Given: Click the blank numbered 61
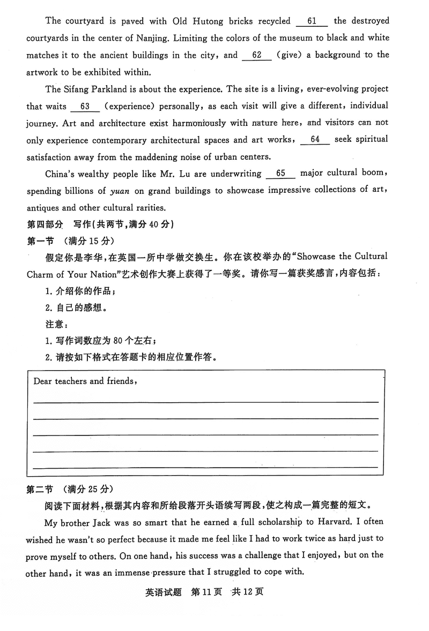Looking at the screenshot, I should click(311, 22).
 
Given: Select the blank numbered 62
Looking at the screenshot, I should click(257, 55).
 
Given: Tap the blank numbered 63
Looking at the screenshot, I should click(85, 107).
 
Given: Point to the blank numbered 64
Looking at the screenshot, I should click(315, 140).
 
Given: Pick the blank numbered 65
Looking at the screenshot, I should click(280, 174).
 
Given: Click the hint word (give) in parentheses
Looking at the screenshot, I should click(292, 55).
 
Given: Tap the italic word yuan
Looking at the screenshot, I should click(120, 191).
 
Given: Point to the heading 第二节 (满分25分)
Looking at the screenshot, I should click(70, 489).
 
